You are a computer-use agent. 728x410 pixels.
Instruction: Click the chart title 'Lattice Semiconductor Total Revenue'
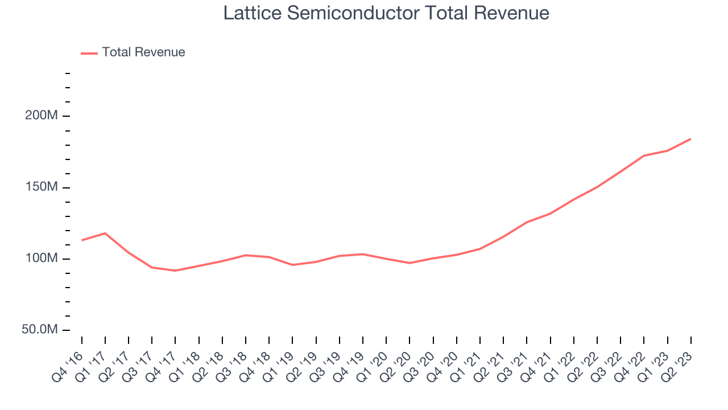click(386, 13)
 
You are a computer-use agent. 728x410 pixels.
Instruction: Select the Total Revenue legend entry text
click(143, 52)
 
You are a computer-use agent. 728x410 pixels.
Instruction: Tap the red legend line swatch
click(89, 54)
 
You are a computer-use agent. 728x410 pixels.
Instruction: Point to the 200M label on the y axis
click(42, 115)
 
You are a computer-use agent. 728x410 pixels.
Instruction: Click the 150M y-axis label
click(42, 187)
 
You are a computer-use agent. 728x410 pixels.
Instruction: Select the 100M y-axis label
click(42, 258)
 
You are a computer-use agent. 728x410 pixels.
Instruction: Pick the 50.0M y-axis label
click(40, 329)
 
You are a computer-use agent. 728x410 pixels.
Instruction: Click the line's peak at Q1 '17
click(105, 233)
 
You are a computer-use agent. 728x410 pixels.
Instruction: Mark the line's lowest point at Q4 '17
click(175, 270)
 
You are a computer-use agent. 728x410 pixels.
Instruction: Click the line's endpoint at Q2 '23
click(690, 139)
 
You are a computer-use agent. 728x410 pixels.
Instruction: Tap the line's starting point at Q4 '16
click(81, 240)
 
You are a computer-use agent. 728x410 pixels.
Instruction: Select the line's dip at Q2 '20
click(409, 263)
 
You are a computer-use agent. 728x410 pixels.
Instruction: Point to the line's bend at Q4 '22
click(644, 155)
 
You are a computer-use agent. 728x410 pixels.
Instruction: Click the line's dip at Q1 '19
click(292, 265)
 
